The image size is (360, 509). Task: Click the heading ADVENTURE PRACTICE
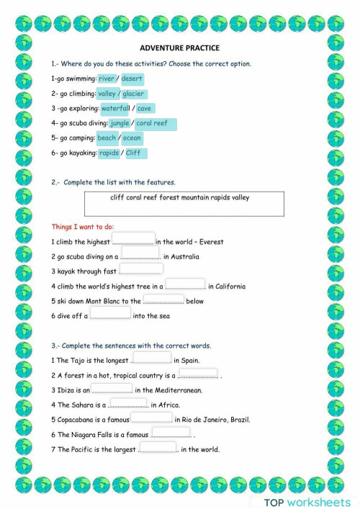[179, 48]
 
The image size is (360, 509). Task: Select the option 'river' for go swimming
[106, 78]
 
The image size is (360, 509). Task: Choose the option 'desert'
[132, 78]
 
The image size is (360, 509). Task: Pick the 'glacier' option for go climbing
[133, 94]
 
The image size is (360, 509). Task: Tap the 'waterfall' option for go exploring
[115, 109]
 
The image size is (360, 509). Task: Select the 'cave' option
[144, 109]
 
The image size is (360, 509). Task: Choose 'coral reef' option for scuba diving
[153, 124]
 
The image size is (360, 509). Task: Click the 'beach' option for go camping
[106, 138]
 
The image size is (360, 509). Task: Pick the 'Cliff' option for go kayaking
[134, 153]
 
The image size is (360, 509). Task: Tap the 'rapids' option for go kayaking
[109, 153]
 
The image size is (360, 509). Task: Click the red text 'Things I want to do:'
[83, 227]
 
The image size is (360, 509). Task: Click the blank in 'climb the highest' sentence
[134, 240]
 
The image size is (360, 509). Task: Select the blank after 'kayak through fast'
[141, 270]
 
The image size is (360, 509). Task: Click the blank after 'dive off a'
[110, 314]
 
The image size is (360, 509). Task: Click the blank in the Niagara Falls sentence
[171, 433]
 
